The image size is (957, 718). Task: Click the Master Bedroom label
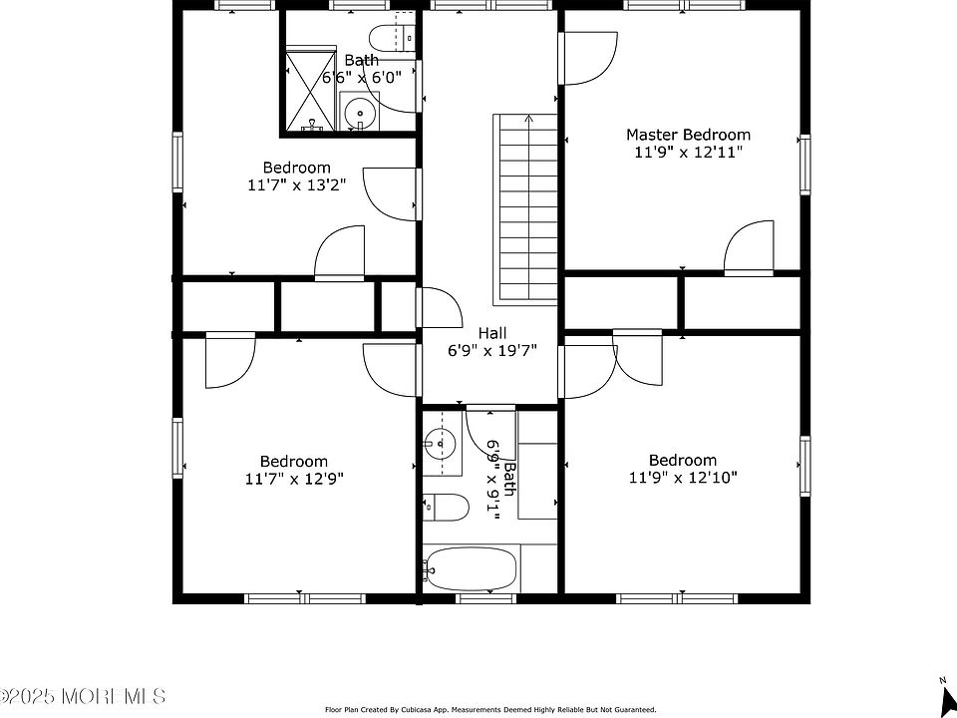pyautogui.click(x=689, y=135)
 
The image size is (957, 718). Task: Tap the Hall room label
pyautogui.click(x=491, y=333)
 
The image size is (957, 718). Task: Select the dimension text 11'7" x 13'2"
pyautogui.click(x=297, y=185)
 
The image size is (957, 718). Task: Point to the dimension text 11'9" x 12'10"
pyautogui.click(x=683, y=477)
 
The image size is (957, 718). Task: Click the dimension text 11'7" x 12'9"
pyautogui.click(x=295, y=479)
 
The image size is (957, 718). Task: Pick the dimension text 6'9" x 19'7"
pyautogui.click(x=491, y=352)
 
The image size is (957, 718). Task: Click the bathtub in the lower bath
pyautogui.click(x=472, y=569)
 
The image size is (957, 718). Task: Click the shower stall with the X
pyautogui.click(x=311, y=91)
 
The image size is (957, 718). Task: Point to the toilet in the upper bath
pyautogui.click(x=393, y=39)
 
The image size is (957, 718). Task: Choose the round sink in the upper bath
pyautogui.click(x=360, y=112)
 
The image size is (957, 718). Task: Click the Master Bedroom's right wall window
pyautogui.click(x=805, y=165)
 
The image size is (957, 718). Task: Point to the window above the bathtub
pyautogui.click(x=485, y=598)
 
